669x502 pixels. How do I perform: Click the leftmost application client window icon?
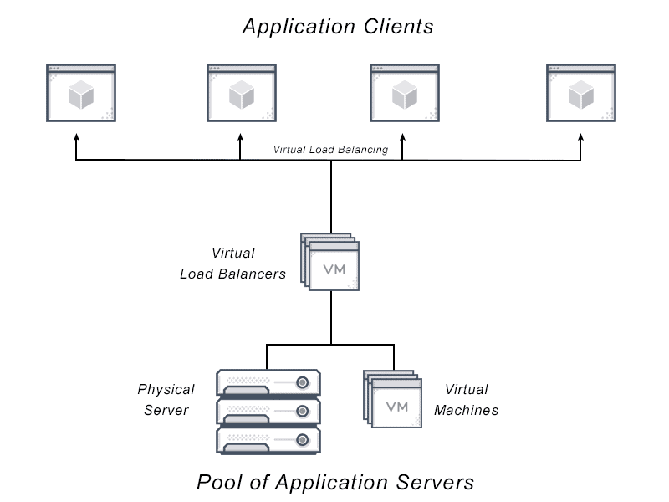point(81,93)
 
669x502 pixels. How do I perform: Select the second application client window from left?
point(242,93)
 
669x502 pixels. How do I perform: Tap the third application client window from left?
point(405,93)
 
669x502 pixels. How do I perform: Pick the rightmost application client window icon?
point(581,93)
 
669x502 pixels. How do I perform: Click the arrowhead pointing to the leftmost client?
point(76,137)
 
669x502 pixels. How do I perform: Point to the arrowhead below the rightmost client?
point(580,137)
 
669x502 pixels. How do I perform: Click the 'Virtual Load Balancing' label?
point(330,150)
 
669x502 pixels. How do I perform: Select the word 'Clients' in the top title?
point(399,27)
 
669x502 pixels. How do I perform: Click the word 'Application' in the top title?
point(299,28)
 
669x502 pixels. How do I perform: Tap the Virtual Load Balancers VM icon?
point(329,262)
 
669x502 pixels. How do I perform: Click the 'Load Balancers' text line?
point(233,274)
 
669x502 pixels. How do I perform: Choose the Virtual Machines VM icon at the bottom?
point(392,399)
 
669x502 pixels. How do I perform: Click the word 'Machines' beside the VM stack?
point(467,410)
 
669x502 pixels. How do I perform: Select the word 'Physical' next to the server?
point(166,390)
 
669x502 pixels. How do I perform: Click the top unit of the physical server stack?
point(268,383)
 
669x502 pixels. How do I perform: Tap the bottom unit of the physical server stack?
point(268,441)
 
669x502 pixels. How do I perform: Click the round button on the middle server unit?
point(303,411)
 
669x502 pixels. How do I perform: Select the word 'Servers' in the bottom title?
point(435,483)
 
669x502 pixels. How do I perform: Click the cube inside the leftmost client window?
point(81,95)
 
